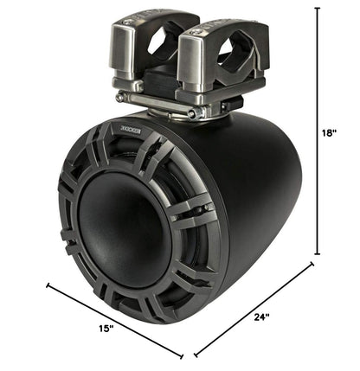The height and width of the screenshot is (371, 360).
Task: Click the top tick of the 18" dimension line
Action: click(x=318, y=8)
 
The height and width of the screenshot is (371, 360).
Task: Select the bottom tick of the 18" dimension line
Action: click(x=318, y=254)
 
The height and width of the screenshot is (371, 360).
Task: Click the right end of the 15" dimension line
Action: click(x=183, y=355)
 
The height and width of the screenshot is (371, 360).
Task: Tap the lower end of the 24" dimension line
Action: click(x=196, y=355)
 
